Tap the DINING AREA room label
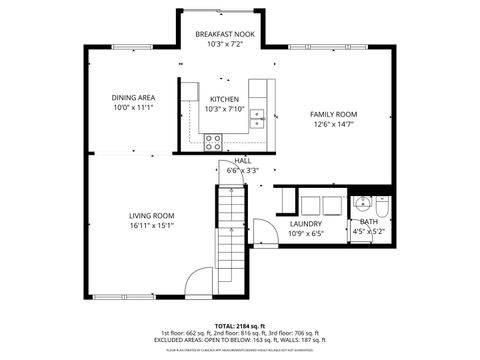132,97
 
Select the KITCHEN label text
223,99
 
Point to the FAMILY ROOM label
333,114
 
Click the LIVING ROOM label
151,215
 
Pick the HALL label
242,161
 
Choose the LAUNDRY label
305,224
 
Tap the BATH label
369,222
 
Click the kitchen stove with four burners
213,142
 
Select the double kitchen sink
257,117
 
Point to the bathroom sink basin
361,202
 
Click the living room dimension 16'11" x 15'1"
151,225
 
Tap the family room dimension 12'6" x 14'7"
333,125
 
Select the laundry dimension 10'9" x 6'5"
305,234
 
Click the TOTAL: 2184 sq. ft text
239,326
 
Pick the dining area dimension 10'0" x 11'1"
132,107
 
